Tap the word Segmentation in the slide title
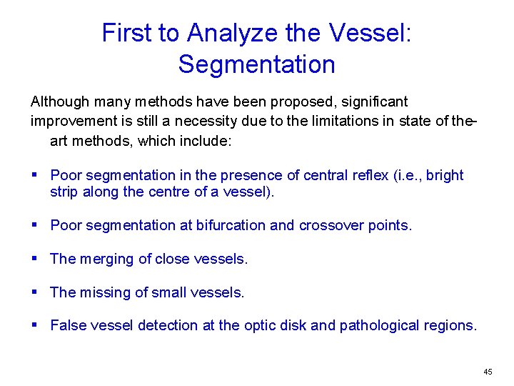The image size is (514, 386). [x=256, y=64]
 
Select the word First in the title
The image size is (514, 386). [x=125, y=33]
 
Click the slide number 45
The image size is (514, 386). [x=488, y=372]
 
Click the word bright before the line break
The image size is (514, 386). [x=444, y=175]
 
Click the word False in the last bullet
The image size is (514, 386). [x=67, y=325]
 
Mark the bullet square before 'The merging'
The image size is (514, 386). [x=36, y=259]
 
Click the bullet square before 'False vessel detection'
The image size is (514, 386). [x=36, y=325]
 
